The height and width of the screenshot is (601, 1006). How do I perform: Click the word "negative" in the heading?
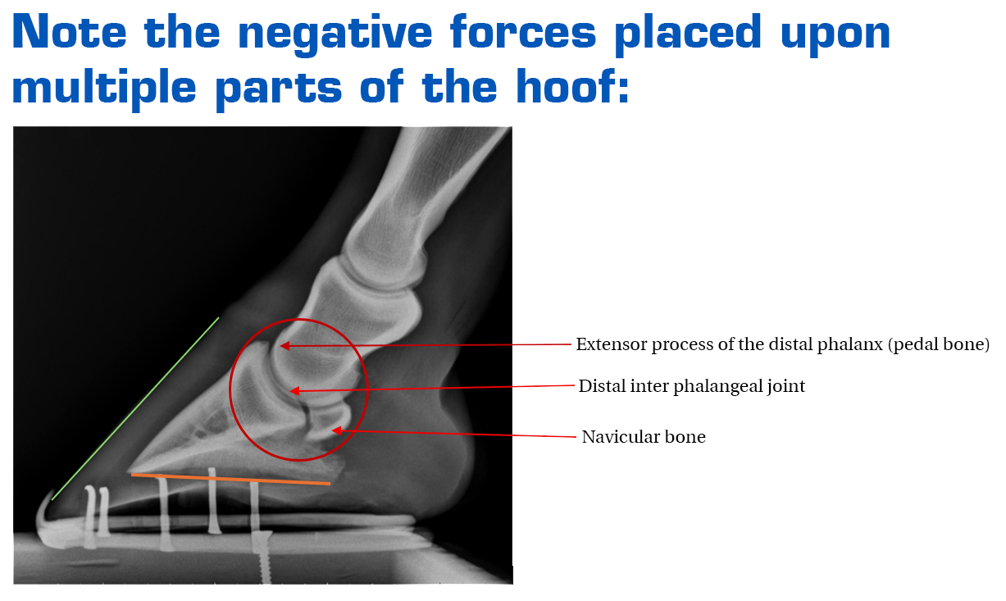point(335,34)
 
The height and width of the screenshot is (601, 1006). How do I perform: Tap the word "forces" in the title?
point(523,30)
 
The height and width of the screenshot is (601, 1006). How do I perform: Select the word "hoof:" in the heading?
point(572,85)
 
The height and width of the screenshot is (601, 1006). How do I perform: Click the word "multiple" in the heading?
point(104,89)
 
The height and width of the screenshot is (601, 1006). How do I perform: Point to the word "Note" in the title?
point(70,30)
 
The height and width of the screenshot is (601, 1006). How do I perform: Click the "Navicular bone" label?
point(644,436)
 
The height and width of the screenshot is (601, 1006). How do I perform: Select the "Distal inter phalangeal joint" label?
point(692,386)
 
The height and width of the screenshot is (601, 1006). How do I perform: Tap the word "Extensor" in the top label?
point(612,344)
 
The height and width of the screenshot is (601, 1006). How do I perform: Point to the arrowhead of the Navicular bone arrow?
point(337,430)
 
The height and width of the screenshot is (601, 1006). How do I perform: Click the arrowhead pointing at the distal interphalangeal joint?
point(294,391)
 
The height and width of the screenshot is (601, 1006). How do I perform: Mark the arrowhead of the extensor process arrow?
point(285,346)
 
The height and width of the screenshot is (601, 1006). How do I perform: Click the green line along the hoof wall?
point(135,409)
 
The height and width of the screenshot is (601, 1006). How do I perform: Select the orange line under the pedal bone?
point(230,479)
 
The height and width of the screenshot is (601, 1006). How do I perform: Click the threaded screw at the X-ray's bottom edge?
point(264,557)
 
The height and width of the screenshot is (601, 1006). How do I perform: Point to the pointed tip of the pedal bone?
point(130,471)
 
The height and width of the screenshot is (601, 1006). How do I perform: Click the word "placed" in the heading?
point(688,34)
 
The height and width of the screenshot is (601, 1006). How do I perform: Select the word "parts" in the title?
point(279,90)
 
